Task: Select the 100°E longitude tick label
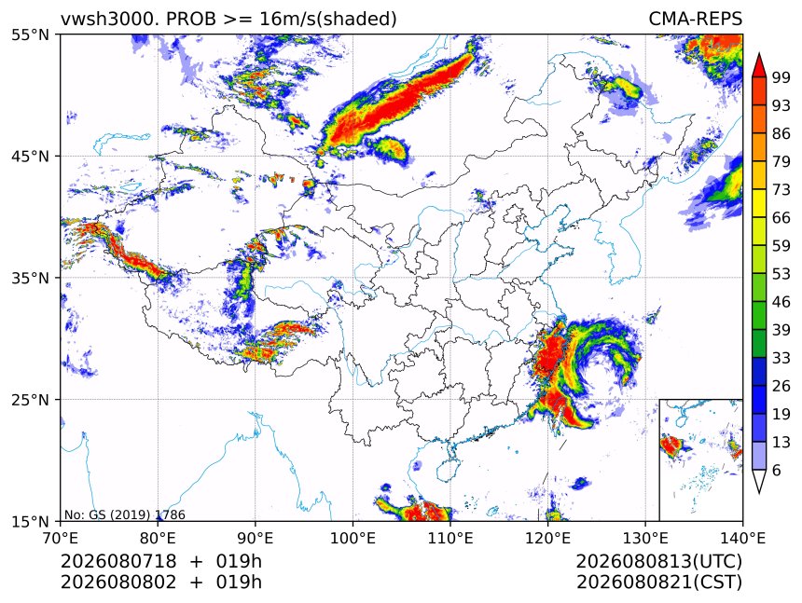(353, 538)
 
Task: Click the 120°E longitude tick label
(547, 538)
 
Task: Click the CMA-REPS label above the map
(695, 19)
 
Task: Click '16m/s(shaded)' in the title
(328, 20)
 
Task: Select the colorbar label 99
(781, 77)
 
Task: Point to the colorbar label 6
(777, 470)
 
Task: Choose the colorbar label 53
(781, 274)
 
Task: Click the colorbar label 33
(781, 358)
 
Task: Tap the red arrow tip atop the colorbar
(759, 54)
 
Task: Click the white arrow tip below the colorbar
(759, 493)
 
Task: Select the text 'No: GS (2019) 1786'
(125, 514)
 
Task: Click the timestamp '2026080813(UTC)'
(658, 561)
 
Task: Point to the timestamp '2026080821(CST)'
(658, 582)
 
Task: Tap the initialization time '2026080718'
(118, 561)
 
